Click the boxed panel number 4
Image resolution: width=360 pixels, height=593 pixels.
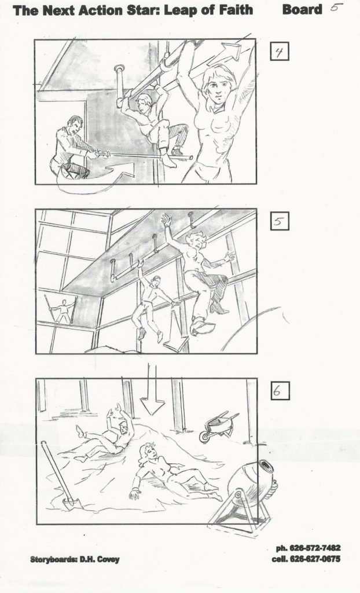point(280,52)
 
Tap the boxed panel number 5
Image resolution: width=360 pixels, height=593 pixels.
point(280,221)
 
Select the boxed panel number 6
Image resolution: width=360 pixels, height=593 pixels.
point(280,391)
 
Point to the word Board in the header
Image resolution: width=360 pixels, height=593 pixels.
point(302,9)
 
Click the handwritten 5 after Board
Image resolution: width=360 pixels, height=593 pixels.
point(336,6)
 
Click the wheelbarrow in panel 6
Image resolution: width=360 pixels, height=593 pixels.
point(218,426)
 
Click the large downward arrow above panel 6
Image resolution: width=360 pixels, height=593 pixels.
point(152,390)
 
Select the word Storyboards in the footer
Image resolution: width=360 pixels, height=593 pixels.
point(53,559)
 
